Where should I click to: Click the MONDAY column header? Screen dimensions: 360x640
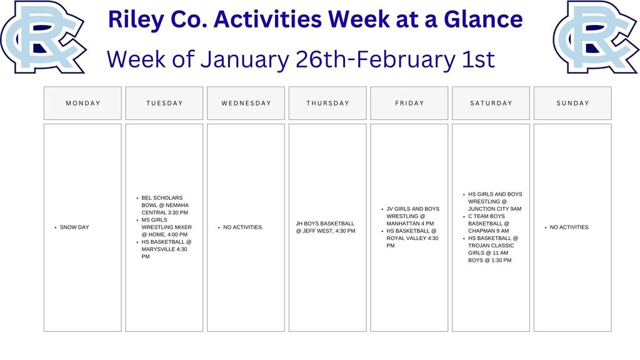click(82, 103)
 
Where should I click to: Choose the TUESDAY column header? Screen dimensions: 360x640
click(164, 103)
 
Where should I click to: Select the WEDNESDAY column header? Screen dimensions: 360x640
click(246, 103)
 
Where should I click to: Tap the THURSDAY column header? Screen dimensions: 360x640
click(327, 103)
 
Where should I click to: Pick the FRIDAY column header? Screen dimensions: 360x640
click(409, 103)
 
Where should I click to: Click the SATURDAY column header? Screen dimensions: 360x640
click(491, 103)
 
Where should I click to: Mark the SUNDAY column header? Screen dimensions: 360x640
click(572, 103)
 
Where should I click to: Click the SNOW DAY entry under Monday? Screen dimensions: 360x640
click(74, 227)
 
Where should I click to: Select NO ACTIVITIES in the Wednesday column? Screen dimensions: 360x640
click(242, 227)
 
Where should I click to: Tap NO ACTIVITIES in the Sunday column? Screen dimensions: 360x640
click(569, 227)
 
